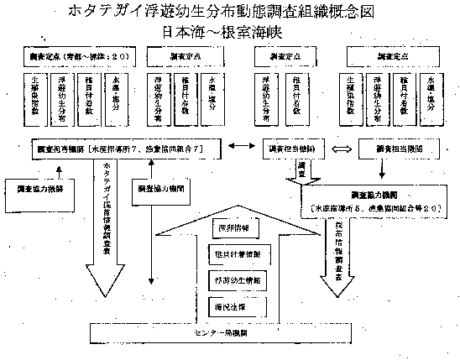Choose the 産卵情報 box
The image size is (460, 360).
(229, 227)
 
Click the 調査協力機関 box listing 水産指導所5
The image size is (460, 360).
(379, 200)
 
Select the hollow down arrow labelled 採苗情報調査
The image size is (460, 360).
(331, 252)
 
